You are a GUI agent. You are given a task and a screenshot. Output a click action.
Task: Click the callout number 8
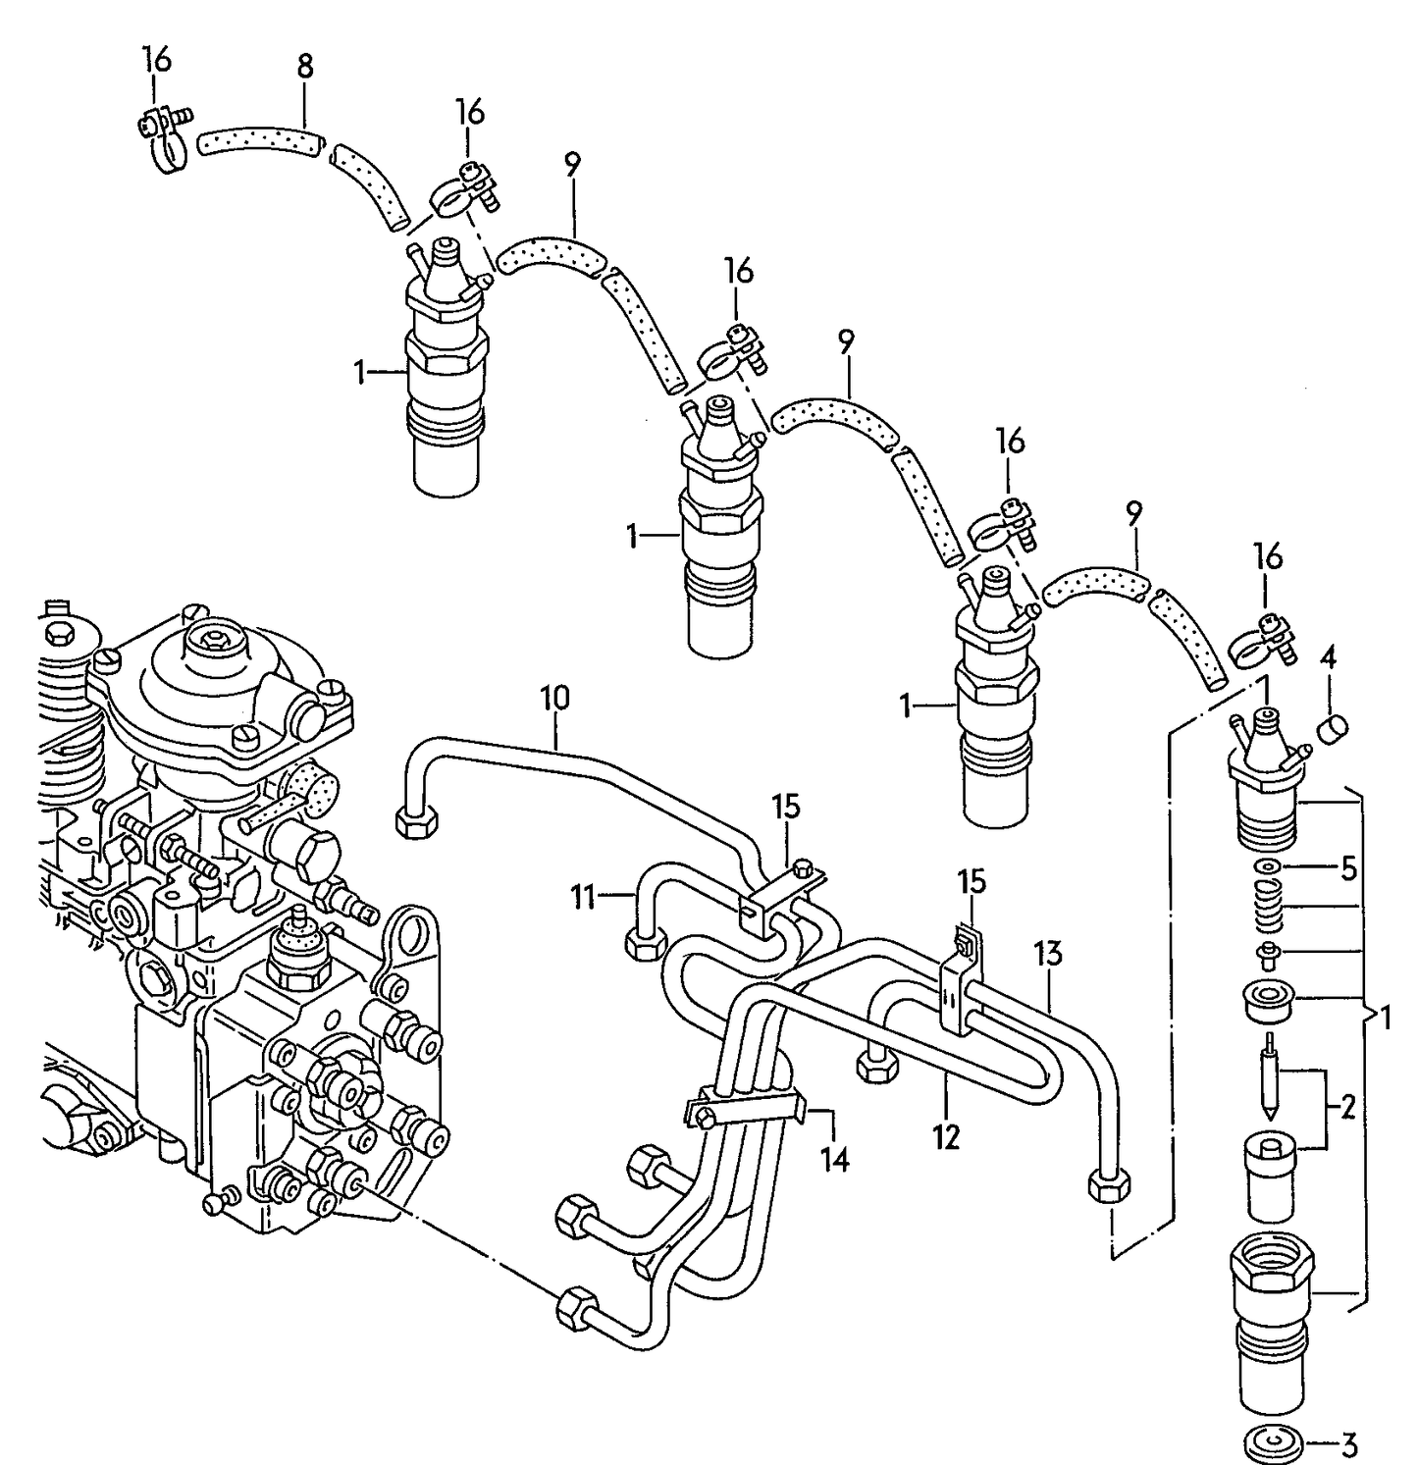point(305,67)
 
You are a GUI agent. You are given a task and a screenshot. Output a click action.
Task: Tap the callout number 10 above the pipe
point(554,699)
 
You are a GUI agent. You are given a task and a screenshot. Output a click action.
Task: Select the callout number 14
point(834,1160)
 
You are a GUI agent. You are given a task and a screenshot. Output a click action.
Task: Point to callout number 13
point(1048,952)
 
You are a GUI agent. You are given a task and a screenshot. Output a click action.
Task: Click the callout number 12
point(947,1138)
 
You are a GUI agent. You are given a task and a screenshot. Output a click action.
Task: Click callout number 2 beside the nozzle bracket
point(1347,1109)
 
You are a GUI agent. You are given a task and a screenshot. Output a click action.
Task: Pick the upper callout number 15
point(785,808)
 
